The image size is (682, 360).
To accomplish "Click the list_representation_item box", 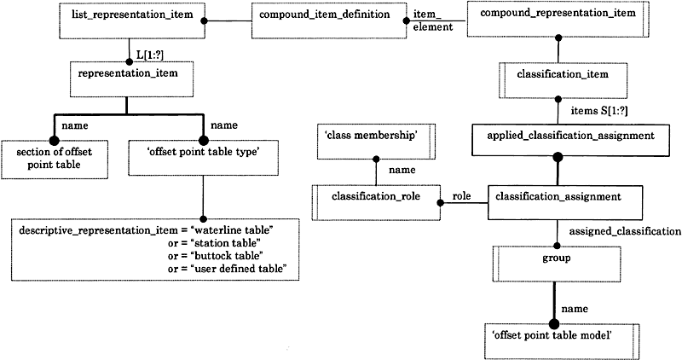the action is (132, 20).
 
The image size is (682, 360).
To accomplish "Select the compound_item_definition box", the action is (329, 20).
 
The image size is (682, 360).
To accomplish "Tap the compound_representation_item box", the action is (558, 19).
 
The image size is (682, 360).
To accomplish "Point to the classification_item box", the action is (563, 80).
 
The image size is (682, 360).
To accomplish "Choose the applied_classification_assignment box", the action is (570, 140).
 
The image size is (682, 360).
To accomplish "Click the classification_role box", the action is (376, 202).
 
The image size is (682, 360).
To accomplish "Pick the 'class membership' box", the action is (376, 142).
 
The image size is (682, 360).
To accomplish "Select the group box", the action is (557, 264).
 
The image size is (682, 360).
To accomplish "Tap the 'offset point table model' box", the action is (562, 342).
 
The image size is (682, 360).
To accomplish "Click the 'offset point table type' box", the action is (204, 158).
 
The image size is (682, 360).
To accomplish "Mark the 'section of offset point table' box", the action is (55, 160).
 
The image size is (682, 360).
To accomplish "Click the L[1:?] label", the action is (150, 55).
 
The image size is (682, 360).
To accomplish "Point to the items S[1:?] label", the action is (599, 111).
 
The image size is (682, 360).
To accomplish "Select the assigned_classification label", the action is (625, 231).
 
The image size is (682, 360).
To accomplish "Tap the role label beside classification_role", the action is (461, 196).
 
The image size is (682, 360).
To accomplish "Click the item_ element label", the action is (433, 20).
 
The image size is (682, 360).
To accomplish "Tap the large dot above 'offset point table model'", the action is (553, 324).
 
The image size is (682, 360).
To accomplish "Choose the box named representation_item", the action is (131, 79).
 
